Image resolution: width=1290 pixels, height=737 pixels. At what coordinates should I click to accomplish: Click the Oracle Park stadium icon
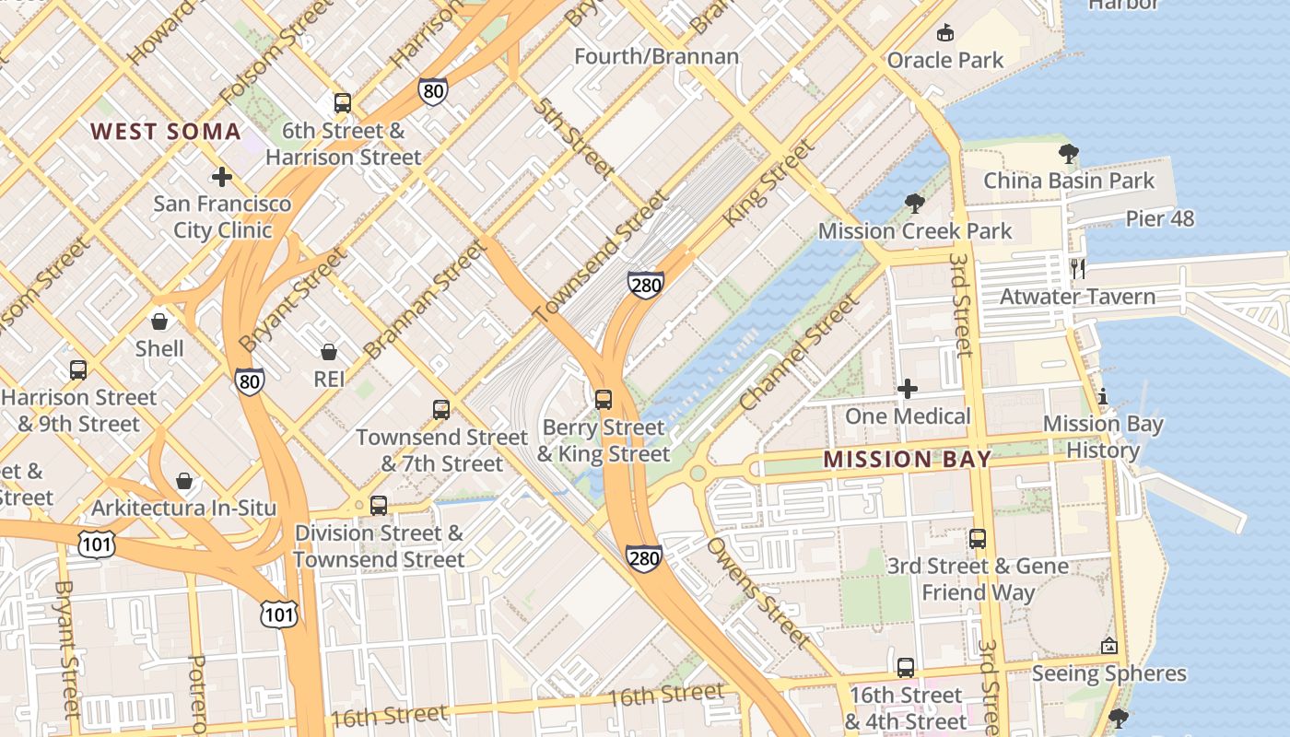tap(944, 34)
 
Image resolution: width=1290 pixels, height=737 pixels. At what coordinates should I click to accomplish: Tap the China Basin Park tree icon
tap(1068, 154)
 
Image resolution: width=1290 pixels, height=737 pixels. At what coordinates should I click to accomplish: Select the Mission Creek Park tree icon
tap(914, 204)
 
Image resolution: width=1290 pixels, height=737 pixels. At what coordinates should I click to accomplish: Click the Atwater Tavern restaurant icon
tap(1078, 269)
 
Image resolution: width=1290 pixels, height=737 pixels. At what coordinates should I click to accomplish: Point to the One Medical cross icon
tap(908, 389)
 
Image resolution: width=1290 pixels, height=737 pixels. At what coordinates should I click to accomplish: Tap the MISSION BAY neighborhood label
tap(908, 459)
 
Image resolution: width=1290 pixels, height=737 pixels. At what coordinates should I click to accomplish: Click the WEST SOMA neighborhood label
tap(166, 132)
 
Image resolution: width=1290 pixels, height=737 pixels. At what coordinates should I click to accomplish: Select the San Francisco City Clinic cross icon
tap(221, 177)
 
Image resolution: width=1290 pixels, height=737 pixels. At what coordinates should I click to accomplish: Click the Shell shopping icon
tap(159, 322)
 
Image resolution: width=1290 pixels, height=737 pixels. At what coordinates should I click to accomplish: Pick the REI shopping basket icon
tap(328, 352)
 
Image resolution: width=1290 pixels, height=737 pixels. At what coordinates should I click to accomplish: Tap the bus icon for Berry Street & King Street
tap(603, 400)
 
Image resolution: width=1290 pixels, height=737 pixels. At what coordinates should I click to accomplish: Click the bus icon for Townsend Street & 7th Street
tap(441, 410)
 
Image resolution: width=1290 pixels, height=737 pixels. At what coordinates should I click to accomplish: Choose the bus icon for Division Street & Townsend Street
tap(378, 506)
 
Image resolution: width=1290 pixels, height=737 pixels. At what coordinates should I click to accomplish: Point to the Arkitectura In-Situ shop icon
tap(184, 481)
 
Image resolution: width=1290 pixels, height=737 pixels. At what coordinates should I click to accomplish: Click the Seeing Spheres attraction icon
tap(1108, 647)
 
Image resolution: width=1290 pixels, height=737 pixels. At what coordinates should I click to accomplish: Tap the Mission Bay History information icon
tap(1103, 397)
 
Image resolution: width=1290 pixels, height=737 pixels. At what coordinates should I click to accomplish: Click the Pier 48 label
tap(1160, 218)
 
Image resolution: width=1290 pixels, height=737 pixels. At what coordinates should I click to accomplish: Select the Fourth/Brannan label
tap(656, 56)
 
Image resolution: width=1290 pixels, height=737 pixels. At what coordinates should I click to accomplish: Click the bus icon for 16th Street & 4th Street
tap(906, 668)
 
